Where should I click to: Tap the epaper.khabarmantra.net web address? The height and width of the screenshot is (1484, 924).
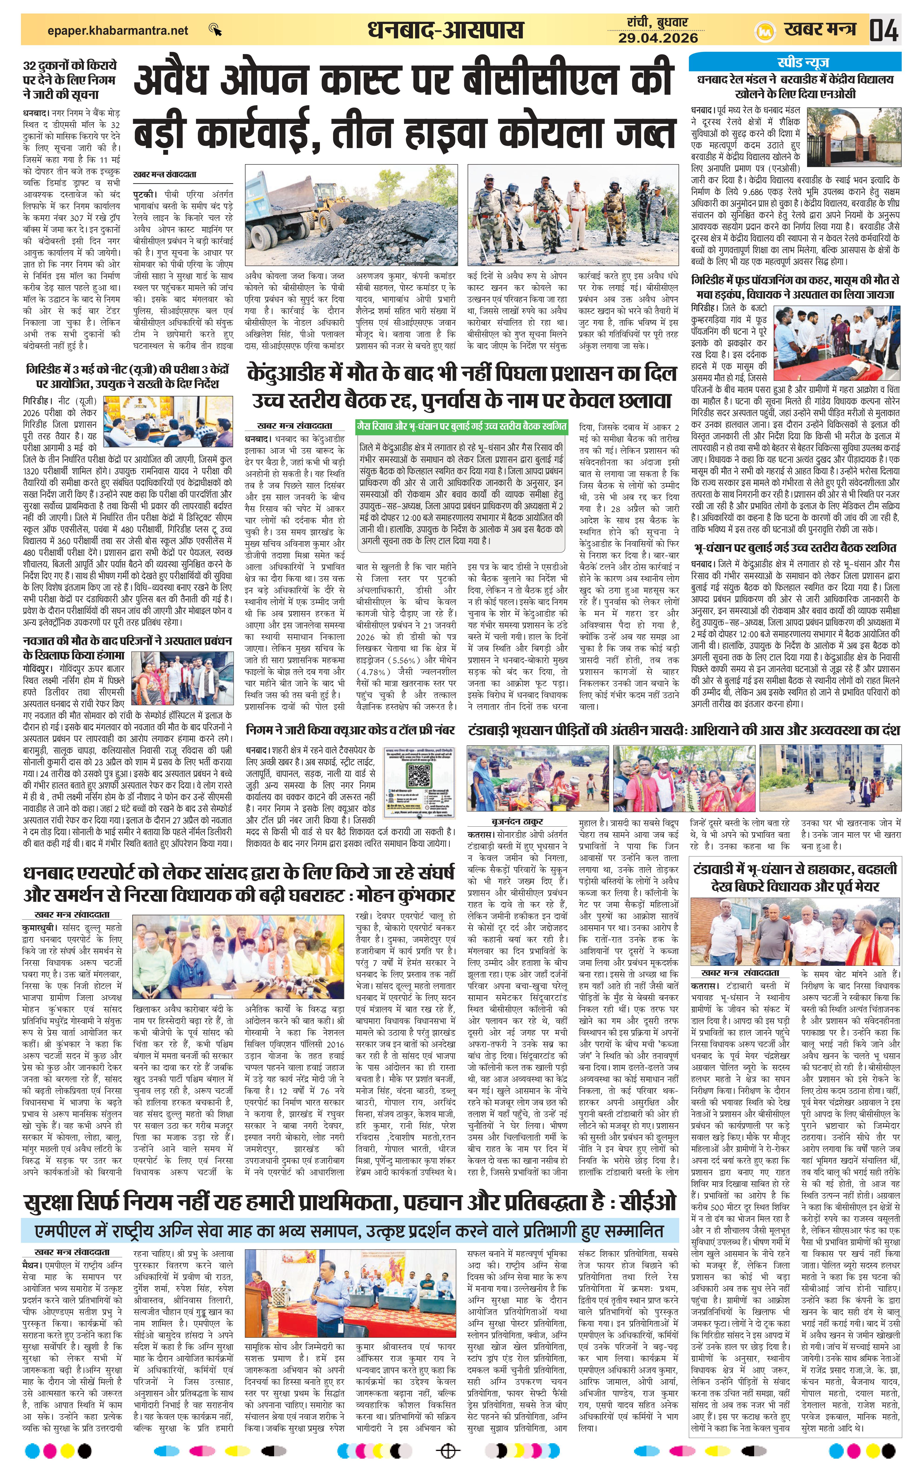pyautogui.click(x=118, y=30)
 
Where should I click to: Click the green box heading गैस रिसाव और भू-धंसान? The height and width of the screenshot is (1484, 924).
pyautogui.click(x=461, y=426)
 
